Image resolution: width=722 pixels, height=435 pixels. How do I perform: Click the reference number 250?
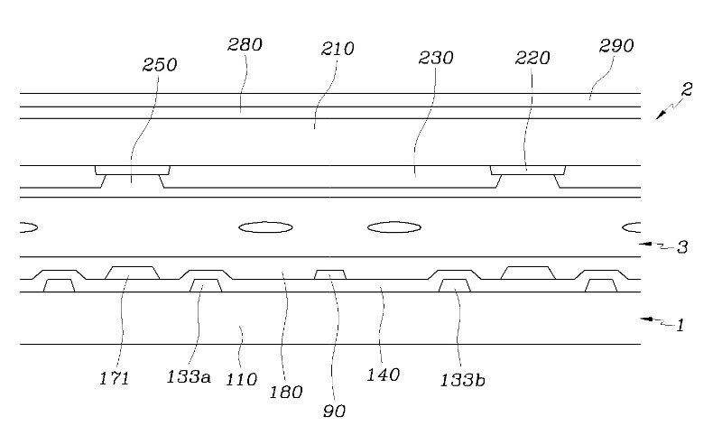click(160, 65)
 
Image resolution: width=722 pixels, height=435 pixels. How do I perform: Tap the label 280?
click(245, 44)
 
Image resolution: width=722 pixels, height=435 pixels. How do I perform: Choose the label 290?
click(616, 45)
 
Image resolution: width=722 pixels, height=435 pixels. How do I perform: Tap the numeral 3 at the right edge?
click(682, 245)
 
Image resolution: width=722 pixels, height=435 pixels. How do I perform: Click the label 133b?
click(463, 379)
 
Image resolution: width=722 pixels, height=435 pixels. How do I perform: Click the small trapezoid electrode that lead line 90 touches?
click(330, 274)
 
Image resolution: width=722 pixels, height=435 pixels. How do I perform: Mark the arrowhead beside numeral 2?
click(661, 112)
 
